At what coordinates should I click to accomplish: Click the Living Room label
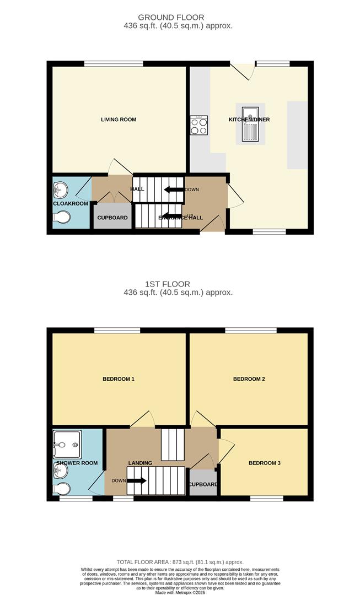coord(118,120)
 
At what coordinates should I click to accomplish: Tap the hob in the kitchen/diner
coord(198,126)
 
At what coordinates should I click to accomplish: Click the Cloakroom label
coord(71,203)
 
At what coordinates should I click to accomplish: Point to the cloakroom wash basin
coord(60,190)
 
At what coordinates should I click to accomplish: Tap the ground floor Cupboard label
coord(112,218)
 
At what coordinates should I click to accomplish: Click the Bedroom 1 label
coord(119,379)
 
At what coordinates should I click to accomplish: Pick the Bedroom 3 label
coord(265,463)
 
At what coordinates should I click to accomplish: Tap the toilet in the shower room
coord(62,489)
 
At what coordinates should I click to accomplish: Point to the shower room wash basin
coord(60,470)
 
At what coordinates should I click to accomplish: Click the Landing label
coord(139,463)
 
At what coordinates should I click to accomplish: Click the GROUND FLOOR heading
coord(171,18)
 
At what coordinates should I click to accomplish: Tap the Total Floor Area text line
coord(179,562)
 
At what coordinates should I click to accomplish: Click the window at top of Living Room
coord(114,64)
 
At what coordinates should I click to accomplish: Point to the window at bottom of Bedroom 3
coord(266,499)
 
